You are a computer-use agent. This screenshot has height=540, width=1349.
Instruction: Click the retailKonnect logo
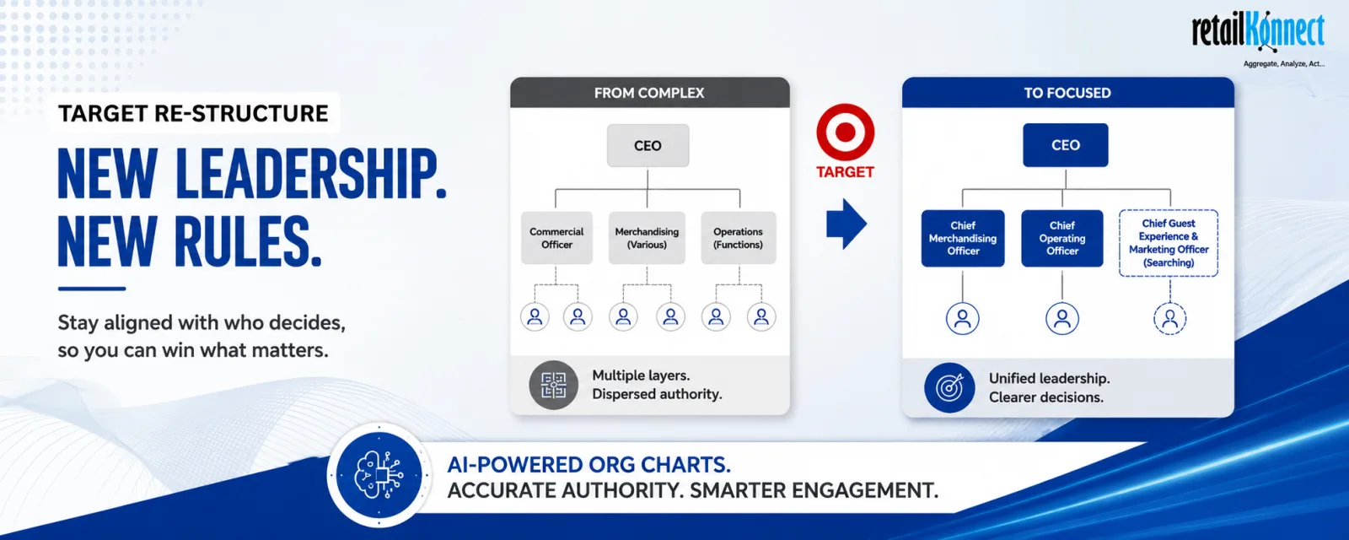point(1258,37)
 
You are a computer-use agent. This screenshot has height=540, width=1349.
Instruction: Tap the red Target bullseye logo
point(845,132)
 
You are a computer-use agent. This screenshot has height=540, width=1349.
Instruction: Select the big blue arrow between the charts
point(846,224)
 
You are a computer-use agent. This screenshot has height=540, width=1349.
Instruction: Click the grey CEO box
point(648,145)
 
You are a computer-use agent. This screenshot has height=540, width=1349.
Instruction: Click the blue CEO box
point(1066,145)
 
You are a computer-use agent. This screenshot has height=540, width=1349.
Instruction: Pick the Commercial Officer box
point(556,238)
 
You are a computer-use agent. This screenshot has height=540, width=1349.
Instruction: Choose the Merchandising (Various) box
point(647,238)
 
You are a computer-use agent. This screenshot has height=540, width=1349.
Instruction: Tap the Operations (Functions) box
point(739,238)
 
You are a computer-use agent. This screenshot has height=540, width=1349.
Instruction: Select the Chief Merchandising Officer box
point(963,238)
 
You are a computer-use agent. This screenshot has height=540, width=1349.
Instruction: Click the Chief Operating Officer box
point(1062,238)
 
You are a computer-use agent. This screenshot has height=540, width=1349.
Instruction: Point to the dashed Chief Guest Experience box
point(1169,243)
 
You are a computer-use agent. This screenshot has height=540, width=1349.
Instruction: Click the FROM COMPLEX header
point(650,93)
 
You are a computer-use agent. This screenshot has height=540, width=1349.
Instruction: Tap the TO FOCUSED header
point(1067,93)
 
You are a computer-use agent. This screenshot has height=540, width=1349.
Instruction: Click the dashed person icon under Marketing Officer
point(1169,318)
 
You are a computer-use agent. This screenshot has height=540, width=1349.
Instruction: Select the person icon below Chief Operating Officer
point(1061,318)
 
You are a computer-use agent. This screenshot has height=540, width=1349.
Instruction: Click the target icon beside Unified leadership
point(949,387)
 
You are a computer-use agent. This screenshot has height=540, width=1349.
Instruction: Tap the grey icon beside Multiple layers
point(553,385)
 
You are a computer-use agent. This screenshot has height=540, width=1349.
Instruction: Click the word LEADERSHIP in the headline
point(311,174)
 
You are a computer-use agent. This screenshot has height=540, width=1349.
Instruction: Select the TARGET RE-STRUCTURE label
point(193,113)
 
